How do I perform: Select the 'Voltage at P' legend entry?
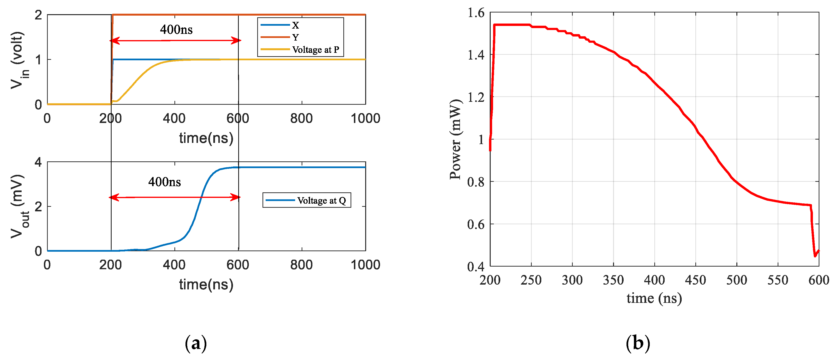[x=315, y=50]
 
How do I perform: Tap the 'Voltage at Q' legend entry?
[x=321, y=201]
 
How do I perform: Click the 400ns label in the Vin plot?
[x=176, y=30]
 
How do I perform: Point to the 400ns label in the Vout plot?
[x=164, y=182]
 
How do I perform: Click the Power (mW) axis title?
[x=455, y=140]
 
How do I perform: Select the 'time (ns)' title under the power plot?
[x=654, y=298]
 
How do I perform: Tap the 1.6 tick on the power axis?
[x=476, y=13]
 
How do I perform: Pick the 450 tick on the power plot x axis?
[x=695, y=280]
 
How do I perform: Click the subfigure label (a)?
[x=196, y=343]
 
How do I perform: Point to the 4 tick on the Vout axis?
[x=38, y=162]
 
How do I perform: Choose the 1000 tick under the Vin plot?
[x=365, y=118]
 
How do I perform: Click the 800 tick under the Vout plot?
[x=301, y=265]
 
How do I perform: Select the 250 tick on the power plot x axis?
[x=531, y=280]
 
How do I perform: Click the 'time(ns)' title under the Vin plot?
[x=206, y=138]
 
